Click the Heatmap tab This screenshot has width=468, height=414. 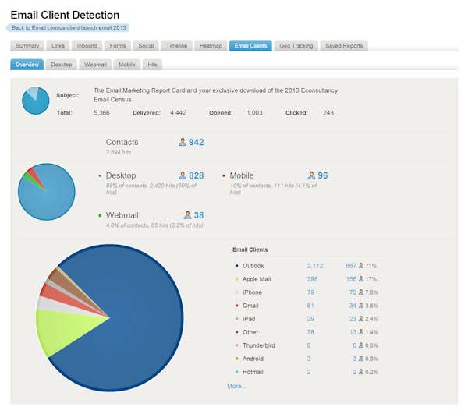click(x=211, y=46)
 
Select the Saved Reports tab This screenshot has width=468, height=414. click(x=344, y=46)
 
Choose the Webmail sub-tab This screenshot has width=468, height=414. click(x=95, y=65)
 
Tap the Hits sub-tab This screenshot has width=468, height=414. click(x=154, y=65)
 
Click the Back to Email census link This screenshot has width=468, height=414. click(x=69, y=28)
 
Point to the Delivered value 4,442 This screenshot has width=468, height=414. click(x=178, y=113)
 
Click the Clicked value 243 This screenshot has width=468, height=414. click(x=328, y=113)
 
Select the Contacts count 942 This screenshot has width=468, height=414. click(x=195, y=143)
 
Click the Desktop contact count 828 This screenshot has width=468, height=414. click(x=195, y=176)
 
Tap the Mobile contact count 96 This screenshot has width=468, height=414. click(x=321, y=176)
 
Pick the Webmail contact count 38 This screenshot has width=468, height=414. click(x=198, y=215)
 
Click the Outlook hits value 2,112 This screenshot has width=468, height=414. click(x=314, y=266)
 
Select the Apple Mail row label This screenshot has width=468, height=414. click(x=257, y=279)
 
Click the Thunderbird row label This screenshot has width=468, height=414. click(x=259, y=345)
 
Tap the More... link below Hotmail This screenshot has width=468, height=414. click(x=236, y=386)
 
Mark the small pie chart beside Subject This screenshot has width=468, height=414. click(x=35, y=101)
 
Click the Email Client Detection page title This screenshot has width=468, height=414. click(x=65, y=15)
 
